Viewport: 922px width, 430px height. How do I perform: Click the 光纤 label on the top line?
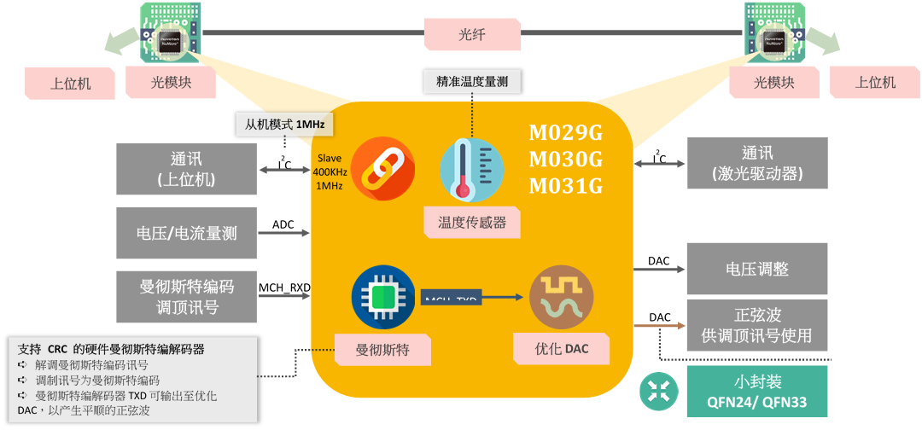(x=472, y=34)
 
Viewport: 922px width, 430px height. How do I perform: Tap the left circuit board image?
(x=171, y=32)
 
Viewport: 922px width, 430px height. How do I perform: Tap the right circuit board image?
(x=775, y=32)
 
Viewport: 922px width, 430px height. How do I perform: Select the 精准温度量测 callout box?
(x=472, y=82)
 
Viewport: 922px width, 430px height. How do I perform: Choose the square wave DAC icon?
(x=561, y=298)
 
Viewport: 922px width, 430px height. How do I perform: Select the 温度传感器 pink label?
(x=472, y=223)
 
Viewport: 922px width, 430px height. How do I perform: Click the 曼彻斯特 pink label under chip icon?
(x=382, y=350)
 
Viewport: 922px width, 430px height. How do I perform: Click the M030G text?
(x=566, y=160)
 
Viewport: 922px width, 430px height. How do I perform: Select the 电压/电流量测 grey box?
(x=186, y=233)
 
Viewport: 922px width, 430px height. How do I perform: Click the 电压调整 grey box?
(x=757, y=268)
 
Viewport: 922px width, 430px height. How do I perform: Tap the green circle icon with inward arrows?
(x=659, y=391)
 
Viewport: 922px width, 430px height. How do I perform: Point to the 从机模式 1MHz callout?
(x=285, y=125)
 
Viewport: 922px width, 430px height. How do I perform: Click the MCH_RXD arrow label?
(x=284, y=288)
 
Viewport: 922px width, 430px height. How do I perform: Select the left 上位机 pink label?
(x=70, y=83)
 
